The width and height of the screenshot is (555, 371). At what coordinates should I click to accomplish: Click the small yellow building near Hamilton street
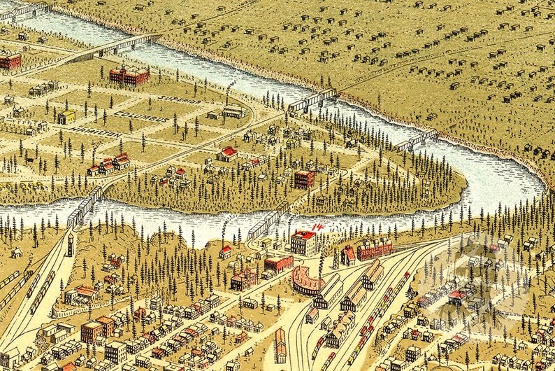[x=66, y=117]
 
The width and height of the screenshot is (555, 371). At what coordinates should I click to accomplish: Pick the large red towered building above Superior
[x=129, y=75]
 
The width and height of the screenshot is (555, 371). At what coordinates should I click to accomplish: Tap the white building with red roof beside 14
[x=303, y=244]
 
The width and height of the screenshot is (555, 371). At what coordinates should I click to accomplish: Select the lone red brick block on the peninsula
[x=304, y=179]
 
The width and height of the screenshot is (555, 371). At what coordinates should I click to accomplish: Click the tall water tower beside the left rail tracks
[x=69, y=244]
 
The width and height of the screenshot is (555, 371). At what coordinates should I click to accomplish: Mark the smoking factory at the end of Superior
[x=233, y=111]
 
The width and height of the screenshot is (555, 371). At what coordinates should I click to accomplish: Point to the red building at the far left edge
[x=9, y=61]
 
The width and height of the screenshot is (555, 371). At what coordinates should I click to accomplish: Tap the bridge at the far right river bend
[x=415, y=140]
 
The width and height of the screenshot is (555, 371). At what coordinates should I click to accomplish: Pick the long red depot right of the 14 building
[x=374, y=248]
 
